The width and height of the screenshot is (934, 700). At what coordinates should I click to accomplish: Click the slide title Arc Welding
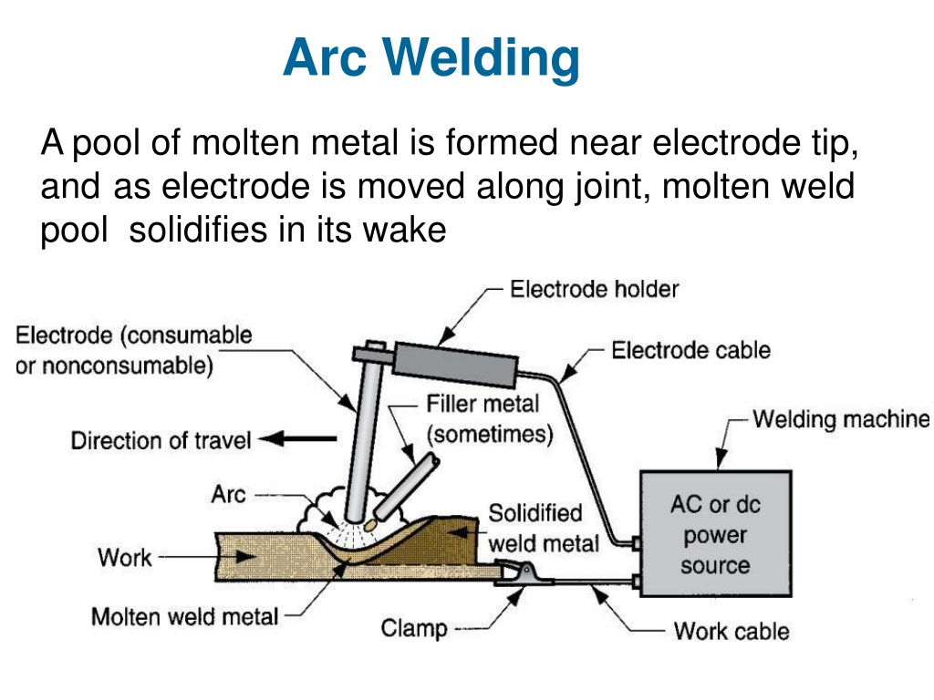431,58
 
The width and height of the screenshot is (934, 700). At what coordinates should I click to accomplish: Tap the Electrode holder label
594,289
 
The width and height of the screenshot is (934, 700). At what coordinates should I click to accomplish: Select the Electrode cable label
691,350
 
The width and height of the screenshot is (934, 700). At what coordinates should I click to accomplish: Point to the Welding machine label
841,419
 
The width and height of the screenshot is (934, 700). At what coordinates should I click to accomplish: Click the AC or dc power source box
715,534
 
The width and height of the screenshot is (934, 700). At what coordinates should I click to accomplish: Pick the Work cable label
732,631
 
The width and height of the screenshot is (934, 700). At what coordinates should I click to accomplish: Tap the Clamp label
414,629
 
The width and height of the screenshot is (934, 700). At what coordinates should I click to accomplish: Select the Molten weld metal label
184,617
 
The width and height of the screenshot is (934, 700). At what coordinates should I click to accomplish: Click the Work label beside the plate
124,558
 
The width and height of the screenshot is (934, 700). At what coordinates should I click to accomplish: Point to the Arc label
228,495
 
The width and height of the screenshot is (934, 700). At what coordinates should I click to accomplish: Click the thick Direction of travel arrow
298,439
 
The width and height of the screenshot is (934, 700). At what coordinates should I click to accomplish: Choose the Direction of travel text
161,440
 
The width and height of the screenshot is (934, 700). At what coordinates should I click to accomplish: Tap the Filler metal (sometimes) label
490,419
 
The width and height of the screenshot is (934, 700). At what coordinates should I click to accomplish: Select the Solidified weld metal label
544,529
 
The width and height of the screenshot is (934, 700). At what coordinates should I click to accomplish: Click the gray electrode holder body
456,364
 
